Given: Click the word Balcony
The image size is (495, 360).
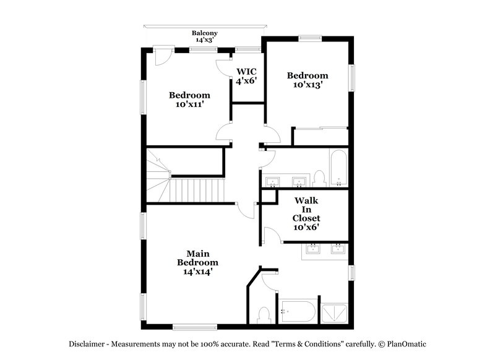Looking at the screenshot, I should pyautogui.click(x=204, y=33).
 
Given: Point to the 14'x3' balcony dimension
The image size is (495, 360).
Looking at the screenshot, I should pyautogui.click(x=204, y=40).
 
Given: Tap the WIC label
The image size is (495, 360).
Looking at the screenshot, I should pyautogui.click(x=246, y=71).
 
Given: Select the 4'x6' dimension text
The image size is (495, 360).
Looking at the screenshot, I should pyautogui.click(x=246, y=80).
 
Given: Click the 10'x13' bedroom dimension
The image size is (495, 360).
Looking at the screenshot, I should pyautogui.click(x=308, y=85).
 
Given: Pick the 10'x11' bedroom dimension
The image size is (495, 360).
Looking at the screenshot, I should pyautogui.click(x=189, y=105).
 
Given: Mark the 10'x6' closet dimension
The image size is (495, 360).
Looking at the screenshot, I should pyautogui.click(x=307, y=227).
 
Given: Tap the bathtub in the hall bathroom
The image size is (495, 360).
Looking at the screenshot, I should pyautogui.click(x=338, y=168).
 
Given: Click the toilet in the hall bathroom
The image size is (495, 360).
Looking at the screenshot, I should pyautogui.click(x=319, y=179).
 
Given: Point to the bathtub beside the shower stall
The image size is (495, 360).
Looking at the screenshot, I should pyautogui.click(x=297, y=311).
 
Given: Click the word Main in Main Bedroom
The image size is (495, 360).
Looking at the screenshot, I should pyautogui.click(x=198, y=253).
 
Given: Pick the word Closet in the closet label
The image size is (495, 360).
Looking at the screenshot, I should pyautogui.click(x=307, y=218).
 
